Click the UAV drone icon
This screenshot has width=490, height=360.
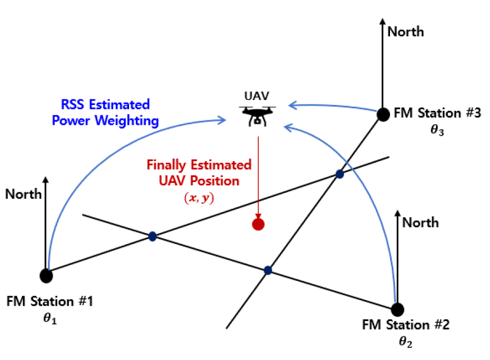pyautogui.click(x=258, y=117)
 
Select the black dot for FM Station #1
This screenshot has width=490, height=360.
pyautogui.click(x=47, y=275)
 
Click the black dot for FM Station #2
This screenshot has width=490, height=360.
pyautogui.click(x=397, y=308)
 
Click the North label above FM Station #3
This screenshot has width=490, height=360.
pyautogui.click(x=405, y=32)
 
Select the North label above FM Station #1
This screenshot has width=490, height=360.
pyautogui.click(x=24, y=194)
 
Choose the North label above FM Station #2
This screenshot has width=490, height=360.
pyautogui.click(x=420, y=222)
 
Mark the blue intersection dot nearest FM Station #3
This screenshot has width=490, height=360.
pyautogui.click(x=339, y=174)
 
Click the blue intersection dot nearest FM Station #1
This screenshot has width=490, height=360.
pyautogui.click(x=152, y=236)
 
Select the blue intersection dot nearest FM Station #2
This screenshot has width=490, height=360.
pyautogui.click(x=268, y=270)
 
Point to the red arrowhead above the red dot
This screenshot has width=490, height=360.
pyautogui.click(x=258, y=216)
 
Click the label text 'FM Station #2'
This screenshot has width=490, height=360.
pyautogui.click(x=406, y=324)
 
